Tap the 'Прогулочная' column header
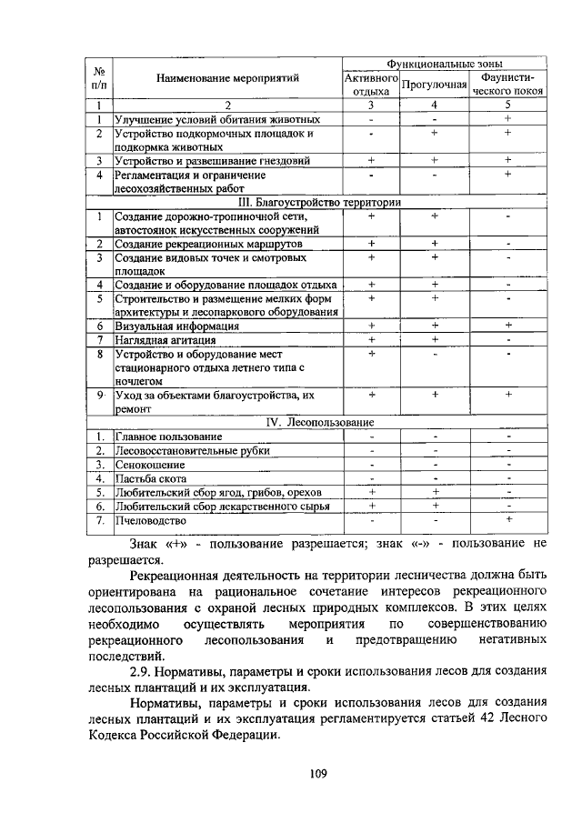point(434,85)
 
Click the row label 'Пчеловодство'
point(151,521)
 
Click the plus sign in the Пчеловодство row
point(507,519)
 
